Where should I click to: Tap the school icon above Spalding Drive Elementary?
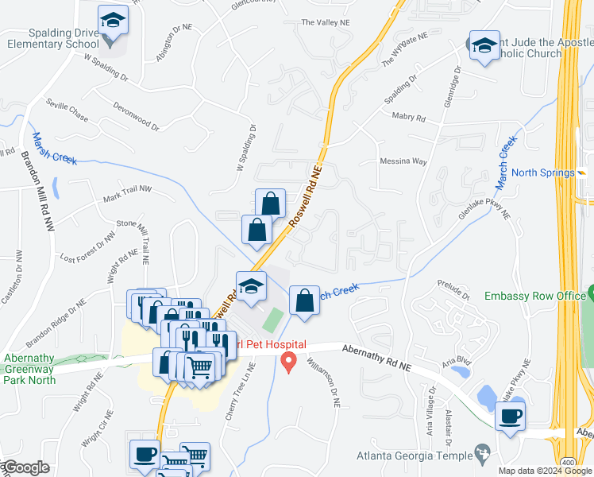(x=113, y=21)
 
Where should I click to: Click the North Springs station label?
(x=543, y=173)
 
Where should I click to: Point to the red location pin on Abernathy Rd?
(x=289, y=363)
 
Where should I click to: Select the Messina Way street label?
(x=403, y=161)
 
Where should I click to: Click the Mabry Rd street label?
(x=409, y=118)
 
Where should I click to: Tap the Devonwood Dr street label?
(x=135, y=116)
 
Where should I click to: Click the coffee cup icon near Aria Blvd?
(x=509, y=417)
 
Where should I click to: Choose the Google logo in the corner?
(x=25, y=467)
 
